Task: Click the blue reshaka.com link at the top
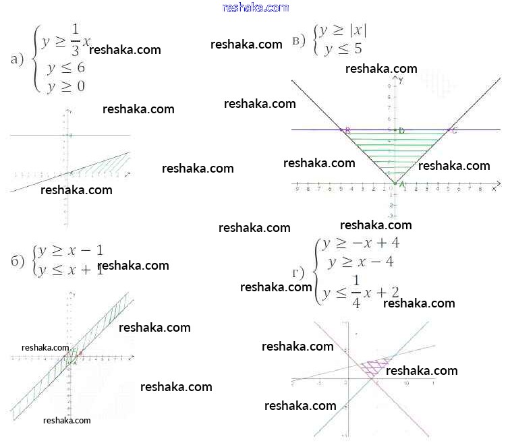(x=255, y=7)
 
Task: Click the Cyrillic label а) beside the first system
(x=18, y=59)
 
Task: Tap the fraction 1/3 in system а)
(x=75, y=42)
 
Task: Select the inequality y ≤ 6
(x=65, y=68)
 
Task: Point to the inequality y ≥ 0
(x=65, y=86)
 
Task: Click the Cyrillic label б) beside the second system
(x=18, y=261)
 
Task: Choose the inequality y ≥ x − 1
(x=71, y=250)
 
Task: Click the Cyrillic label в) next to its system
(x=300, y=41)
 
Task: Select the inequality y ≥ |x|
(x=343, y=31)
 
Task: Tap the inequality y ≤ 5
(x=342, y=49)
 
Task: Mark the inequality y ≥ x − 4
(x=360, y=261)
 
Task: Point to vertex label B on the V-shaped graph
(x=347, y=130)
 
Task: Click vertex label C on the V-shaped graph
(x=454, y=130)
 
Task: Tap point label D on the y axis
(x=401, y=130)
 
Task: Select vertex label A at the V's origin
(x=402, y=184)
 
